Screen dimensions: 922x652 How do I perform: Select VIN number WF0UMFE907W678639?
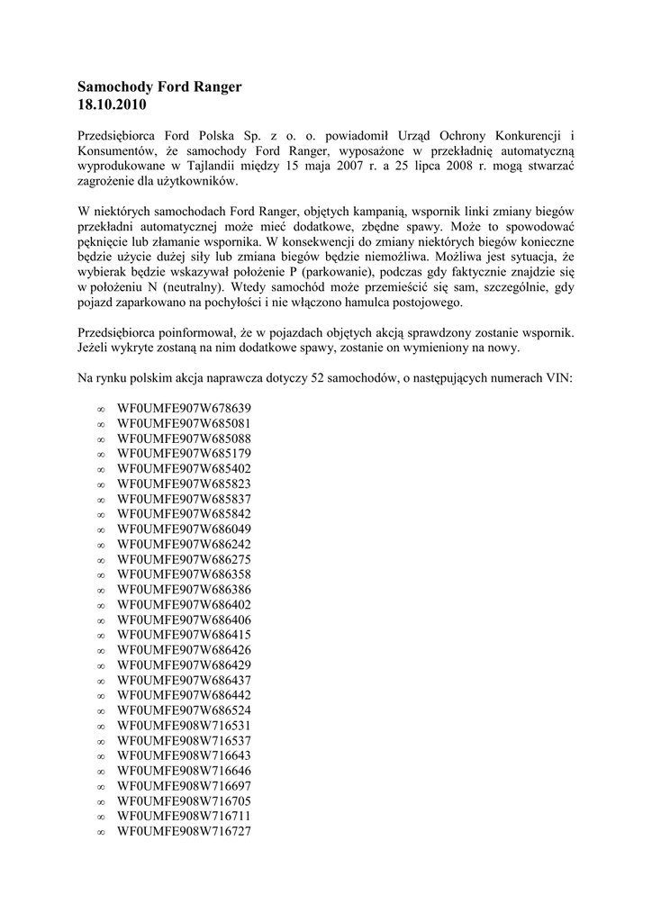pos(184,408)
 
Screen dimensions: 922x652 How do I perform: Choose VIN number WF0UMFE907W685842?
pos(184,513)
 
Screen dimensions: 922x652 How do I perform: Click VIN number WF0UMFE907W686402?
pos(184,603)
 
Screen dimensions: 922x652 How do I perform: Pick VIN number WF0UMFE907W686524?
pos(184,710)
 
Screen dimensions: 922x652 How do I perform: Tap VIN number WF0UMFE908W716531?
pos(184,725)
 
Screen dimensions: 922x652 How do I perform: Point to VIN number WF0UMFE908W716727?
pos(184,830)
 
